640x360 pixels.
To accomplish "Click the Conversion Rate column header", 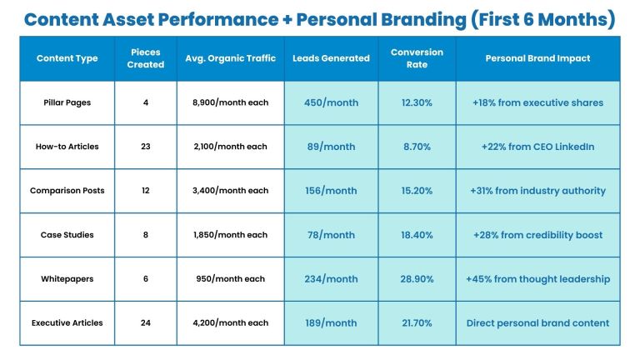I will click(417, 58).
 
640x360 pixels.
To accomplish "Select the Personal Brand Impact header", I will click(537, 58).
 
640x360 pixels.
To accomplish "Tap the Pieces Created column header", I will click(146, 58).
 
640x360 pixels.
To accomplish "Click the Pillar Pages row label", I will click(67, 102).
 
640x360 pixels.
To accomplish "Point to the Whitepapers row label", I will click(67, 279).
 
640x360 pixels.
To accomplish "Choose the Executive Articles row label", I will click(67, 323).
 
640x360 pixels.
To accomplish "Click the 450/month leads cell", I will click(331, 102).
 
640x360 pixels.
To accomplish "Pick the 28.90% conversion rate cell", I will click(417, 279).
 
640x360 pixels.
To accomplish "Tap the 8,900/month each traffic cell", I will click(230, 102).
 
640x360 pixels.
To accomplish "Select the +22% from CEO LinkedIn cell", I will click(537, 147).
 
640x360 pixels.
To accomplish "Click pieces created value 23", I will click(146, 147).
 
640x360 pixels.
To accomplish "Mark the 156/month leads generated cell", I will click(331, 191).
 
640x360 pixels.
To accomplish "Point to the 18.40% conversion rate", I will click(417, 235).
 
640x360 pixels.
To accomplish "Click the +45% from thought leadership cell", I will click(537, 279).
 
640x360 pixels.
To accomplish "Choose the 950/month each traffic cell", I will click(230, 279).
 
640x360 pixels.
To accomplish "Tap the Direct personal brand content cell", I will click(537, 323).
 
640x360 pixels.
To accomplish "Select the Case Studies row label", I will click(67, 235).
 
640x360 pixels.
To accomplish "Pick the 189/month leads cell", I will click(331, 323).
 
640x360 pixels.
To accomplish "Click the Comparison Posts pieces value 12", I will click(146, 191).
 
